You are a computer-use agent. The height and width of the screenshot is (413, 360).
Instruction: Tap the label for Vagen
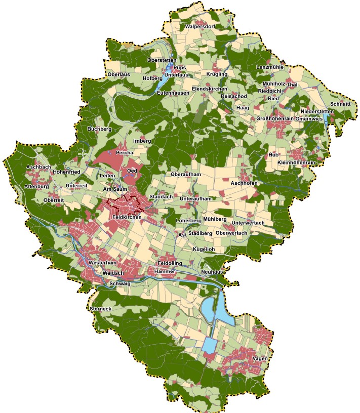click(x=260, y=358)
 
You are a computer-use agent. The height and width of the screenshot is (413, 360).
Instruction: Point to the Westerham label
click(x=102, y=264)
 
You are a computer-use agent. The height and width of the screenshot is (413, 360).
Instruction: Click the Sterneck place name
click(x=100, y=308)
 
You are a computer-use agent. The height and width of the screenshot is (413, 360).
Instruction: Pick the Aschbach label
click(x=38, y=167)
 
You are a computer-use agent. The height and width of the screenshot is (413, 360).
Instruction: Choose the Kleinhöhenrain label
click(x=297, y=162)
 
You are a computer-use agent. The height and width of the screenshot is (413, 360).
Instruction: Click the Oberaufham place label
click(x=186, y=175)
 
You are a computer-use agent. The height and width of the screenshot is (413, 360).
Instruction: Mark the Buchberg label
click(x=99, y=129)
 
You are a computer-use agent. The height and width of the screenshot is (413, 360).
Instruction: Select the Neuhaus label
click(x=212, y=272)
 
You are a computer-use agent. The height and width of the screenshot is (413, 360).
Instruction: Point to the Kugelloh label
click(x=204, y=250)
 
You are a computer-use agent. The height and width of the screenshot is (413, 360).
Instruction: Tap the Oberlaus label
click(x=119, y=75)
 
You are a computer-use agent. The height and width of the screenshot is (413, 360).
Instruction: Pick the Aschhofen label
click(x=244, y=182)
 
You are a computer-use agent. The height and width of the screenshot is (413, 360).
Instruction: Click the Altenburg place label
click(x=36, y=186)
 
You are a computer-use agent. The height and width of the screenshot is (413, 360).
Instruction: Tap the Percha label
click(x=124, y=152)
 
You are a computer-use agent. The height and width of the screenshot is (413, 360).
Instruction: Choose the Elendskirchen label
click(x=210, y=89)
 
